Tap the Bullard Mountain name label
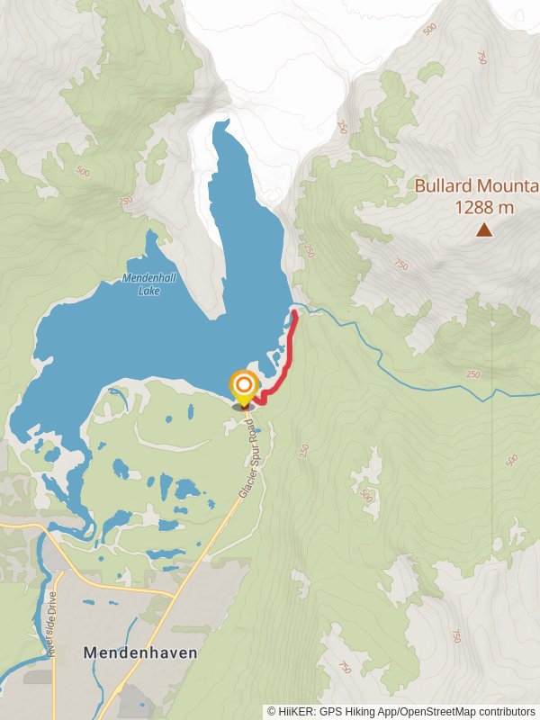(475, 186)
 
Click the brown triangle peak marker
(484, 230)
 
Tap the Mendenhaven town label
(139, 652)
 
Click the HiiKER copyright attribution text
(401, 711)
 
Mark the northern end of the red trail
(295, 312)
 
